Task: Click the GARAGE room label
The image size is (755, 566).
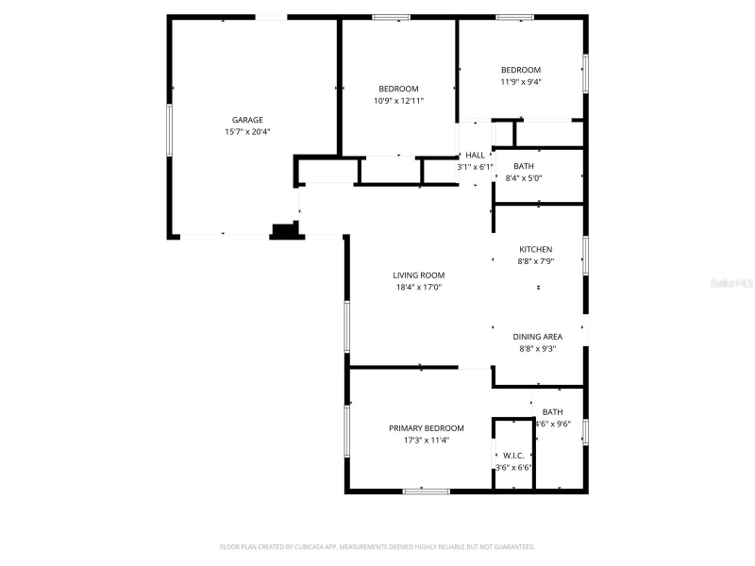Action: click(247, 120)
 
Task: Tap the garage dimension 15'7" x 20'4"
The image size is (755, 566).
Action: click(247, 132)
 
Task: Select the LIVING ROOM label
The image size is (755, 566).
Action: click(418, 275)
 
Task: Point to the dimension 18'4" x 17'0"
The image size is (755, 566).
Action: click(418, 288)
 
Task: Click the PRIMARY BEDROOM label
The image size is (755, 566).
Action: click(426, 427)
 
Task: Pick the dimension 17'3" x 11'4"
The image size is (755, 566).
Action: click(426, 440)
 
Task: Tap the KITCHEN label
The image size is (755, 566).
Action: click(535, 249)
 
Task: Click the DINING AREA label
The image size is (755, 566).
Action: click(537, 337)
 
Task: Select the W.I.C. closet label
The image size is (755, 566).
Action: click(513, 454)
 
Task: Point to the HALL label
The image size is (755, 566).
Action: click(475, 155)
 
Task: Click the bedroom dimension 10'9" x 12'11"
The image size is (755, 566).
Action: click(398, 100)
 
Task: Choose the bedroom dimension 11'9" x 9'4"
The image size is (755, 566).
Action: click(520, 82)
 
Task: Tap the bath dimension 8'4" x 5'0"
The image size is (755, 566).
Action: click(523, 177)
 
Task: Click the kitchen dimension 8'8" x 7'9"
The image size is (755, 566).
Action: click(535, 261)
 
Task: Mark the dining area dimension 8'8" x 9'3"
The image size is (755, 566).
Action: click(537, 349)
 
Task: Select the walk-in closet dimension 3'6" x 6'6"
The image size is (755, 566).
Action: click(513, 466)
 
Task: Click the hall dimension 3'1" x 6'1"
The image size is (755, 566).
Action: click(475, 167)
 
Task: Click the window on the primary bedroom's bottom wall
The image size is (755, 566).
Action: click(426, 491)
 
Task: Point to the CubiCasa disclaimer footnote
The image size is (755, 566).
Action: click(377, 546)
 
